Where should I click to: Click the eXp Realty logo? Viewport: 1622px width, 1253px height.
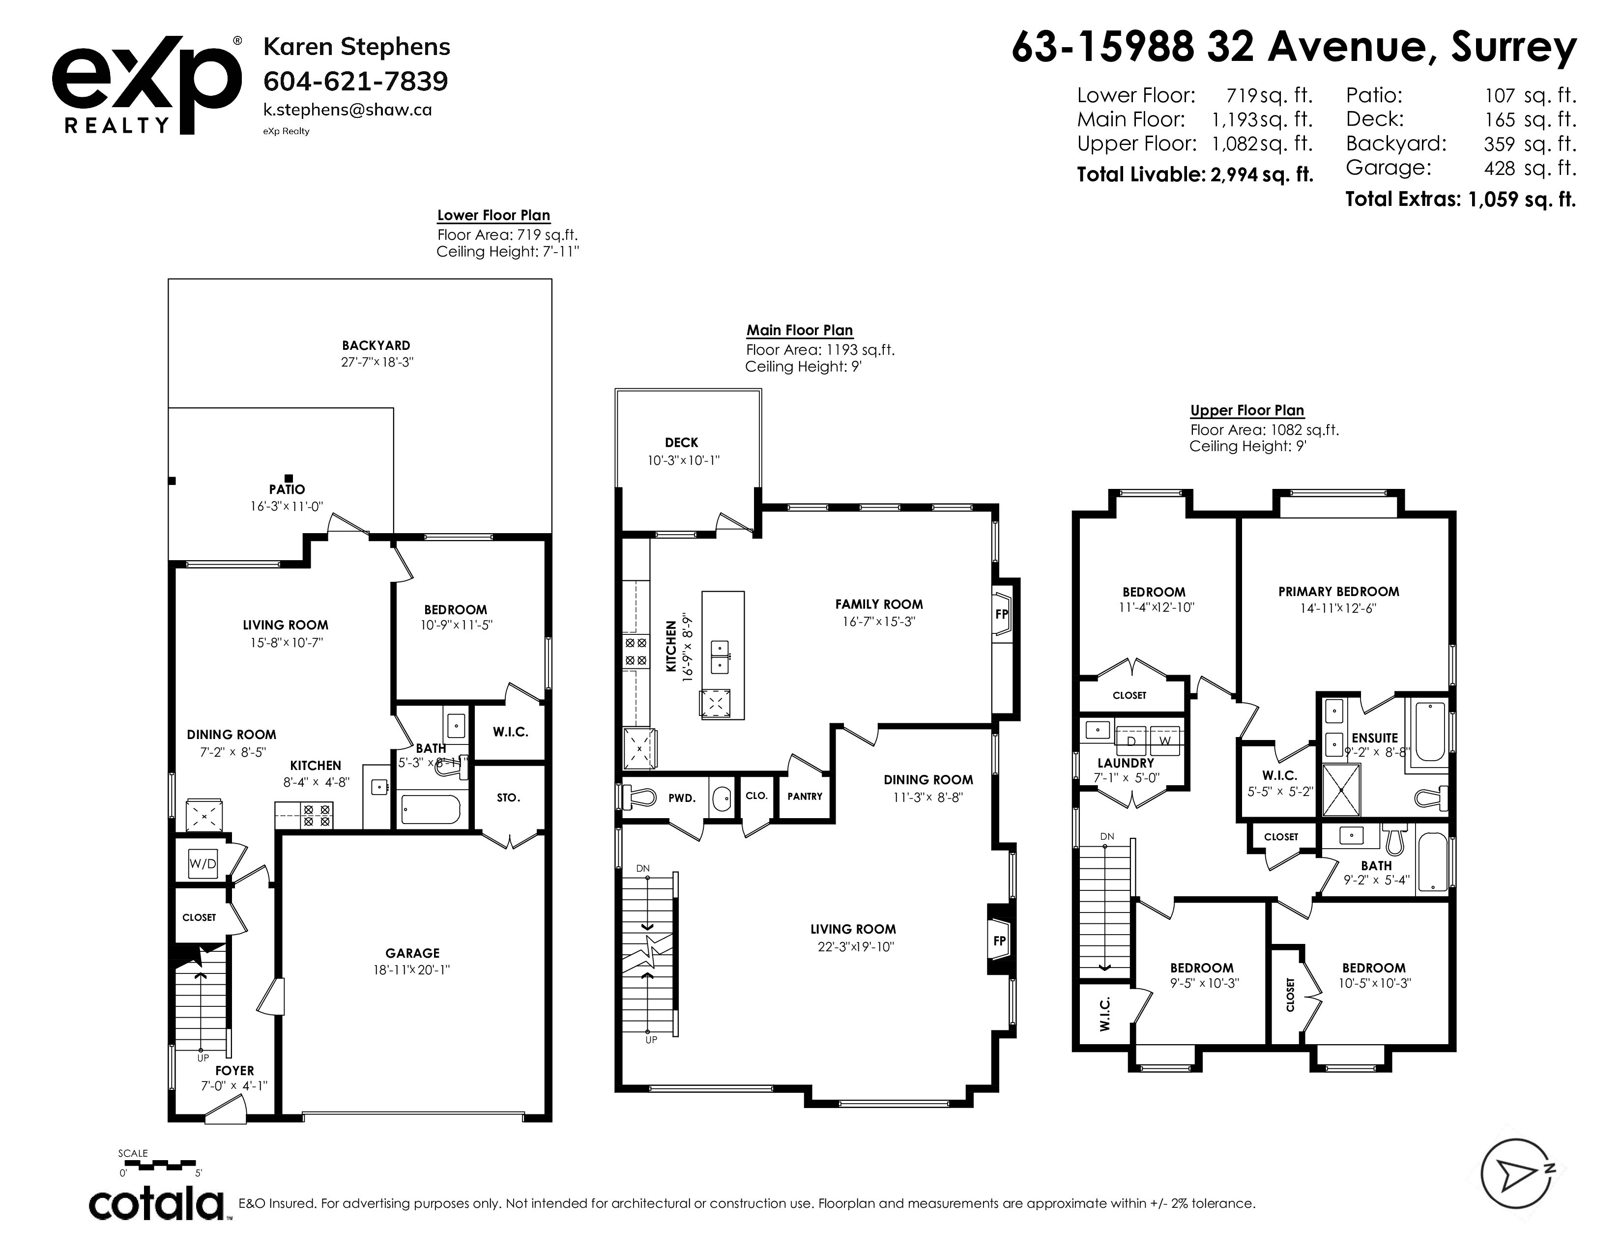coord(146,85)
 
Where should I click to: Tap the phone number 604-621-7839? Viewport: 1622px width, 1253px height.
coord(356,81)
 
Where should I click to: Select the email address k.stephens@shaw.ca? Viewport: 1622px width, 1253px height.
coord(348,110)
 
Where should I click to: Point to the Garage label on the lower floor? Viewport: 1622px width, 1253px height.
coord(412,953)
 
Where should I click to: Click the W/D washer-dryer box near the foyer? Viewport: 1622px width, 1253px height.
coord(203,863)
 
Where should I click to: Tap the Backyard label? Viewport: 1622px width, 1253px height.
coord(376,345)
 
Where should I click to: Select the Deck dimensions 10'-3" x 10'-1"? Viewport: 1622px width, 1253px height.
coord(683,460)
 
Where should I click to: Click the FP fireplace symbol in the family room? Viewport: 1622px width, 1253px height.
coord(1002,614)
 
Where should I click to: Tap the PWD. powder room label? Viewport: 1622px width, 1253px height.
coord(682,798)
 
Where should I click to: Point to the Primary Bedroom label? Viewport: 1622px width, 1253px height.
coord(1338,592)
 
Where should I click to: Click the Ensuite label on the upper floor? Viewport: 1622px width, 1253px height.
coord(1375,738)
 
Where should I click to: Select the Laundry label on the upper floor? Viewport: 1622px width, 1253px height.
coord(1126,763)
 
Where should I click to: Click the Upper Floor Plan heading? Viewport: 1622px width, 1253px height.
coord(1247,410)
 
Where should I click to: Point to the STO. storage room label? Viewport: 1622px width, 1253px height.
coord(508,798)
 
